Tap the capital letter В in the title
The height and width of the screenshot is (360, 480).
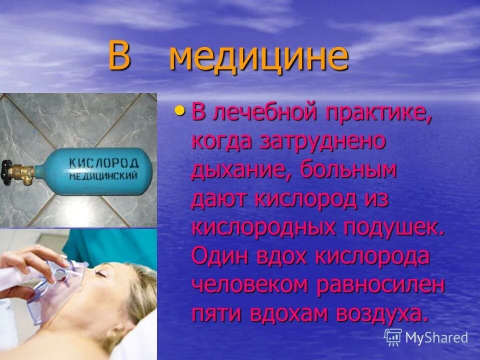pyautogui.click(x=119, y=57)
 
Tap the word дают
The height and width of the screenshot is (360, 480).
pyautogui.click(x=220, y=199)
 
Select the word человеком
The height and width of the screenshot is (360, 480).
pyautogui.click(x=249, y=284)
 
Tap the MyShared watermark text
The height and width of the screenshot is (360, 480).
pyautogui.click(x=435, y=337)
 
